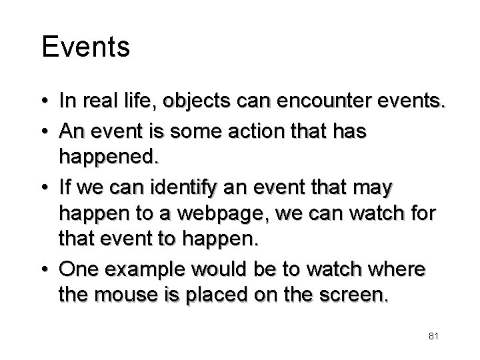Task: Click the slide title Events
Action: pyautogui.click(x=85, y=47)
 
